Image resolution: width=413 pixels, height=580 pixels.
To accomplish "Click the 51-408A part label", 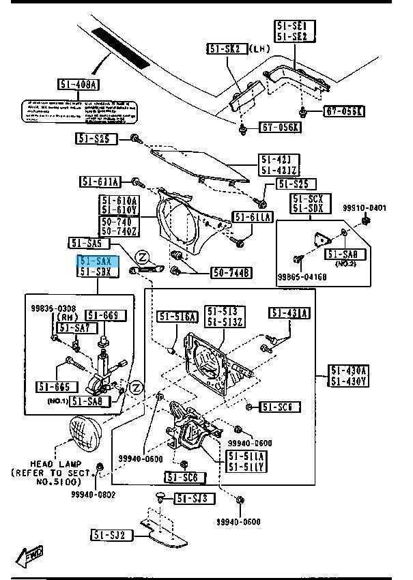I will tap(79, 85).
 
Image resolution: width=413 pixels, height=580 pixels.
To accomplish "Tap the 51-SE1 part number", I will tap(291, 25).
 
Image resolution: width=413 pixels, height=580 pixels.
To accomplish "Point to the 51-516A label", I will tap(177, 317).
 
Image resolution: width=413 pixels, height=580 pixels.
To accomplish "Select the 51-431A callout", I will tap(289, 313).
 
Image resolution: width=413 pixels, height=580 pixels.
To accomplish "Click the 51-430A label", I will tap(350, 371).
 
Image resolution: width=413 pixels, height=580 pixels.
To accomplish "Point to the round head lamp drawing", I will tap(84, 434).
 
